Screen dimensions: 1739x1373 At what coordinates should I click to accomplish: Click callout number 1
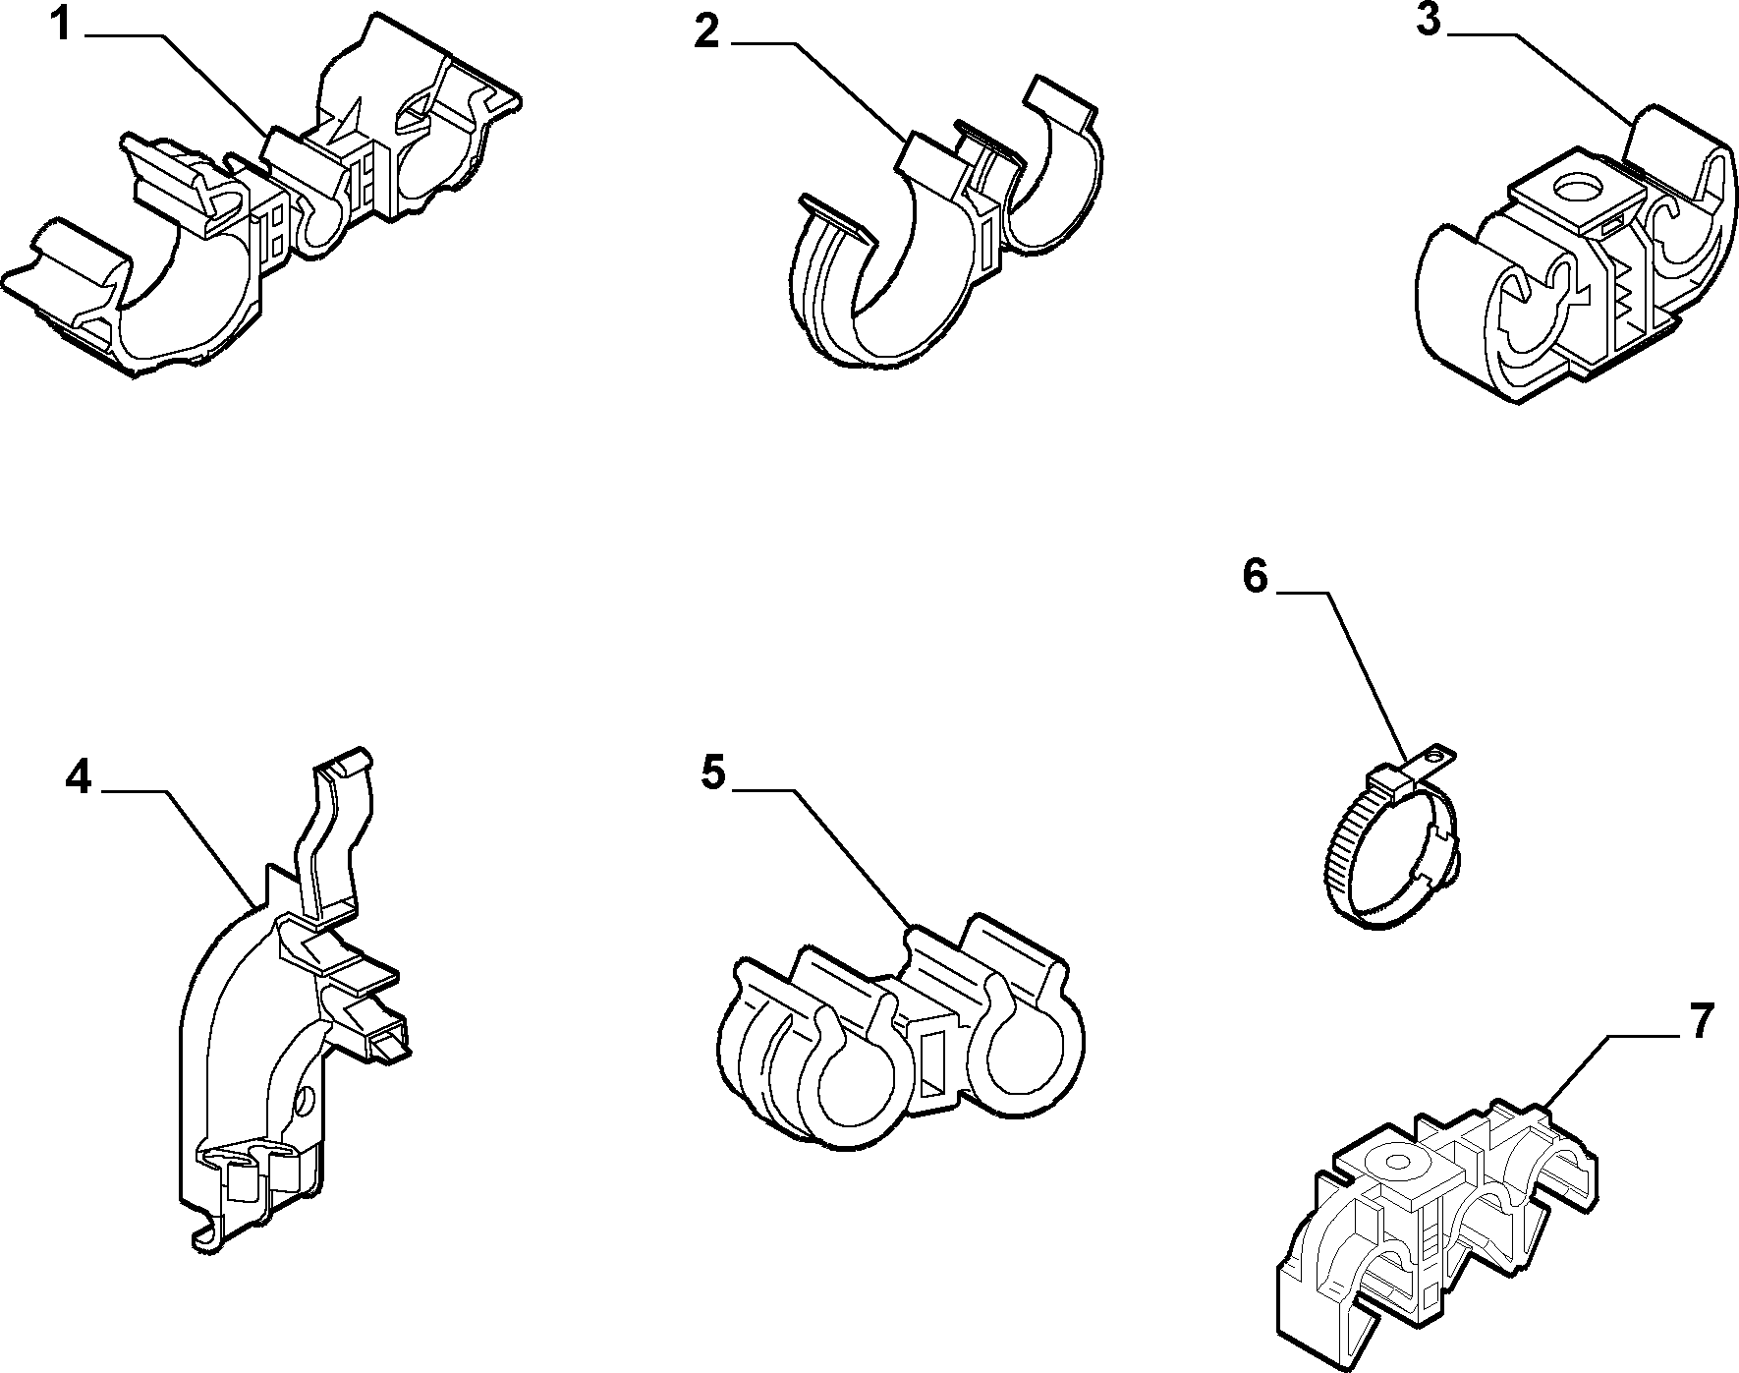click(x=61, y=25)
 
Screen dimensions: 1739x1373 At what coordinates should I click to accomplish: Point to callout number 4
click(x=79, y=778)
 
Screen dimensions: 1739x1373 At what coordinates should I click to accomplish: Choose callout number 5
click(x=713, y=773)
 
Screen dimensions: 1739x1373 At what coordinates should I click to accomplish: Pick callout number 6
click(x=1257, y=577)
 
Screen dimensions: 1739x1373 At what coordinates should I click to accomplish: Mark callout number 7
click(x=1702, y=1022)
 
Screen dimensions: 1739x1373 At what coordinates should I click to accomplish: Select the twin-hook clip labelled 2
click(x=948, y=221)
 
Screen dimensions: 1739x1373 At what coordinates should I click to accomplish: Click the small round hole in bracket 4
click(x=309, y=1099)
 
